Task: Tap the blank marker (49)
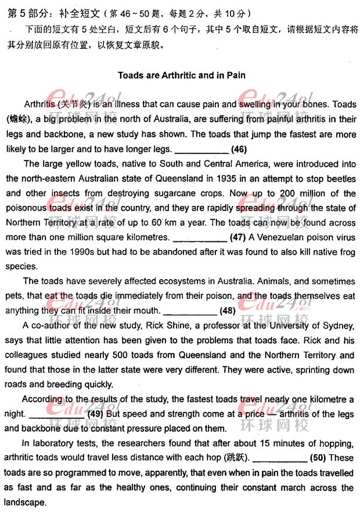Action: coord(95,414)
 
